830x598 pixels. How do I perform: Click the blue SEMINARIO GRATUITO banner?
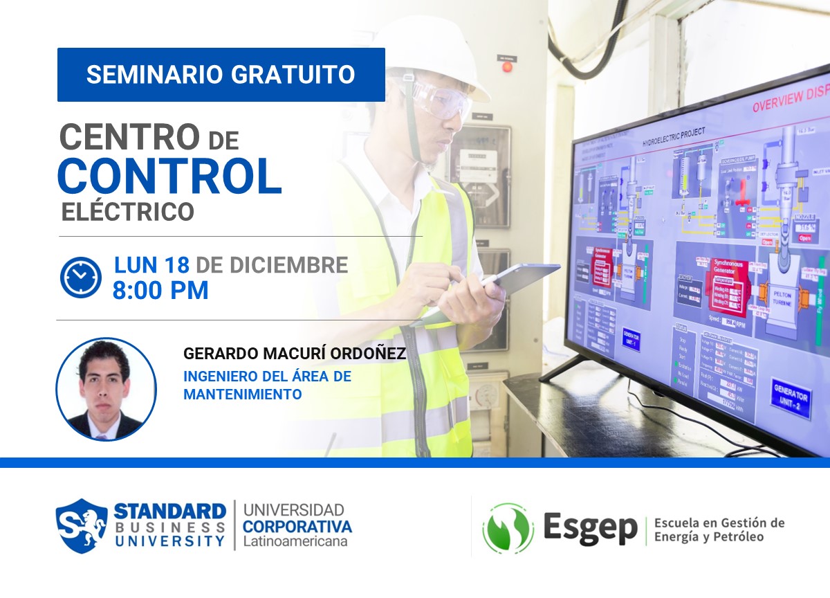(x=221, y=75)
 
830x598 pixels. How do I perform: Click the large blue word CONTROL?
(x=169, y=176)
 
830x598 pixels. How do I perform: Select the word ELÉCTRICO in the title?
(x=128, y=212)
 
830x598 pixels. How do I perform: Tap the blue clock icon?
(x=81, y=278)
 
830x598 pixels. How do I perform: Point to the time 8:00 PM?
(x=160, y=291)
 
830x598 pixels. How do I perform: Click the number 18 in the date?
(x=176, y=265)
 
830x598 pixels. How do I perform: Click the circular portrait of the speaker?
(x=106, y=390)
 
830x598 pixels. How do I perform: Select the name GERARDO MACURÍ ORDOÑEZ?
(x=294, y=354)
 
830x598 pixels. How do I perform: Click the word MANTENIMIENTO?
(x=242, y=395)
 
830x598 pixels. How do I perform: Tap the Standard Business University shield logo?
(x=82, y=526)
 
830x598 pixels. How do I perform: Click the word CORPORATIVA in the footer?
(x=297, y=526)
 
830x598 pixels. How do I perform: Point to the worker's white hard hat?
(x=443, y=48)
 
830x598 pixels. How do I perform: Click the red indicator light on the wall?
(x=507, y=67)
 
